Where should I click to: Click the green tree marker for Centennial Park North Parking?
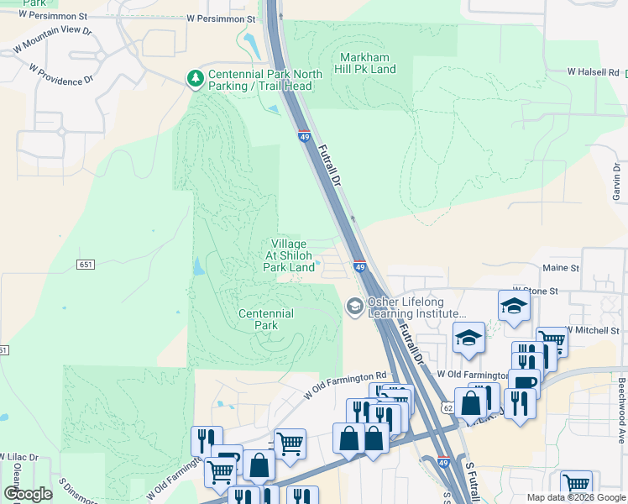tap(195, 78)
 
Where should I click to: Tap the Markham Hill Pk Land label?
tap(367, 63)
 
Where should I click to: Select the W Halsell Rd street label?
tap(593, 72)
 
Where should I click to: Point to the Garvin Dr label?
tap(617, 182)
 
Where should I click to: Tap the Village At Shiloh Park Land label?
tap(289, 255)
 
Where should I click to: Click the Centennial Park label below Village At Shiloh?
tap(265, 319)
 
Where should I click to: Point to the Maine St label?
tap(561, 268)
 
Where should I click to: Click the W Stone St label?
tap(536, 291)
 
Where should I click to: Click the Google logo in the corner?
tap(29, 494)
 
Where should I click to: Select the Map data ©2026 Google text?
tap(575, 497)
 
